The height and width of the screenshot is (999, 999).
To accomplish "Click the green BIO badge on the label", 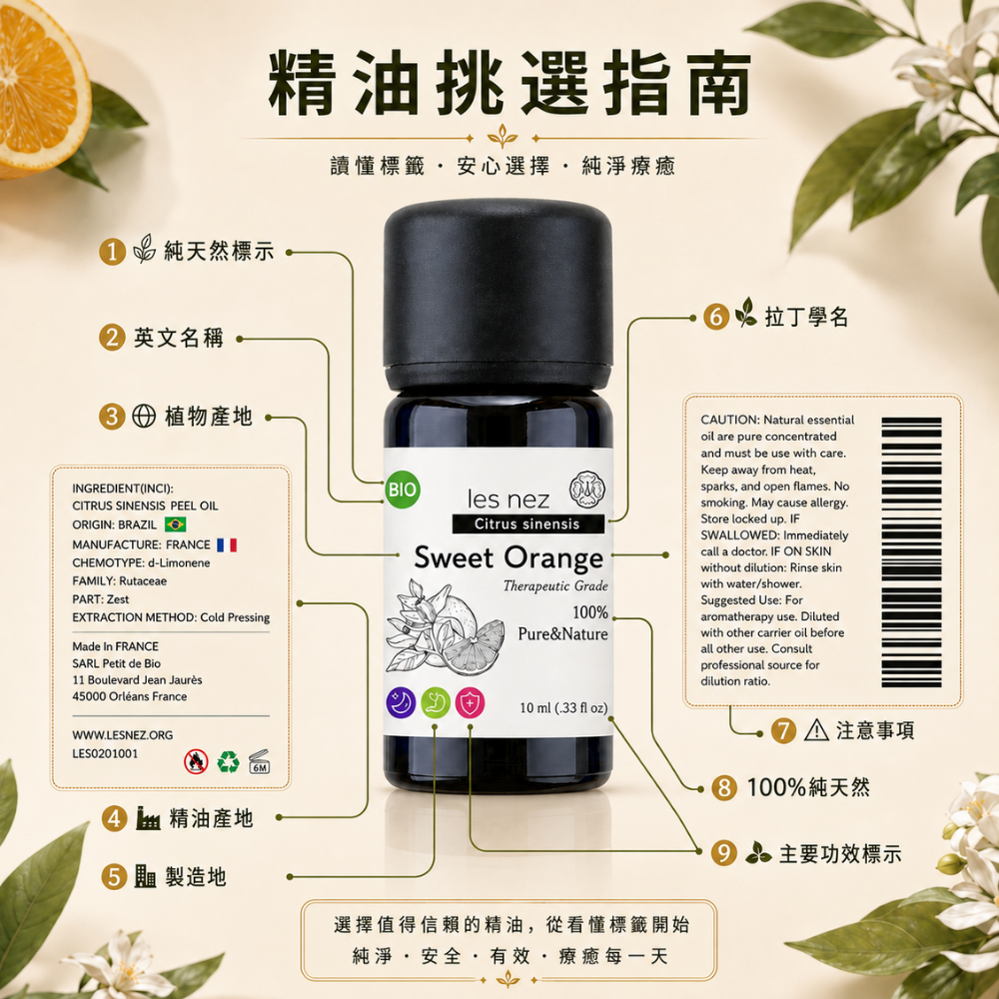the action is [402, 490].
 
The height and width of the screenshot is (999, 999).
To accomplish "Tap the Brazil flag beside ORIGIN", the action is [175, 524].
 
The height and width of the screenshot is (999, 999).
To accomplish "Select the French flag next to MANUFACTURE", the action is [227, 544].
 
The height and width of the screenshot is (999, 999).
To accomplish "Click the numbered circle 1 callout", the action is [112, 252].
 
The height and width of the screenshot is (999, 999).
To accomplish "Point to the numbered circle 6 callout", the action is [716, 317].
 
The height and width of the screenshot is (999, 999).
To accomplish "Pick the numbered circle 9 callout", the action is [723, 853].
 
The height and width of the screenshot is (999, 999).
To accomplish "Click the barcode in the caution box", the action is [911, 552].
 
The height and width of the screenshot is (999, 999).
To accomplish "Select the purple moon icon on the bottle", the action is [402, 702].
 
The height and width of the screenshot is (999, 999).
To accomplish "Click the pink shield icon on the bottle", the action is [471, 702].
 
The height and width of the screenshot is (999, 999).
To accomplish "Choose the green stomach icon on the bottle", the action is [436, 702].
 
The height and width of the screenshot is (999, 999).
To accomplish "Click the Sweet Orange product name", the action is [508, 558].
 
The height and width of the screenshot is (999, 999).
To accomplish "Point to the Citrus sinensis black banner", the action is [528, 523].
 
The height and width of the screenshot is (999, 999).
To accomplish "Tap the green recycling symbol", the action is [228, 761].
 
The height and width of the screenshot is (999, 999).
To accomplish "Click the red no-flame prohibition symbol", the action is [196, 761].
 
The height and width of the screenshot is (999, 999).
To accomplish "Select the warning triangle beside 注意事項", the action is [816, 730].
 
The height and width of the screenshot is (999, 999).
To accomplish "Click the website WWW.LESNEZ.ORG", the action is [122, 735].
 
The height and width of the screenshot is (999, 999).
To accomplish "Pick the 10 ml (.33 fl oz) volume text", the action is [563, 708].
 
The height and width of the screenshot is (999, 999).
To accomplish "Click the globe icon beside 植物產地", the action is [144, 416].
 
